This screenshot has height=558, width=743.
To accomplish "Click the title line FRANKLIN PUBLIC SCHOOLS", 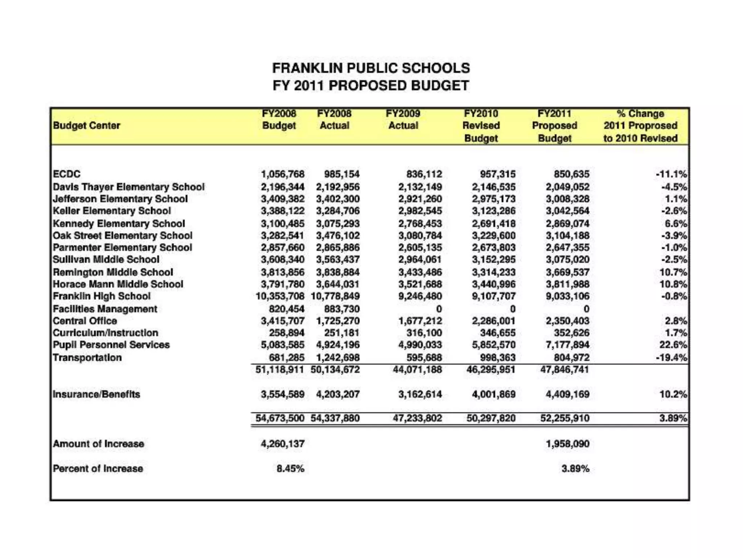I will click(x=371, y=68).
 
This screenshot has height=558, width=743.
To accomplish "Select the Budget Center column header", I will click(x=86, y=126).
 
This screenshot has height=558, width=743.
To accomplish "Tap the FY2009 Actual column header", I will click(x=403, y=120).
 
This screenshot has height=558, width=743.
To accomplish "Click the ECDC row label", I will click(x=66, y=174).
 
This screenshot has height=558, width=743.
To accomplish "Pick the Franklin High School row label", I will click(x=102, y=296).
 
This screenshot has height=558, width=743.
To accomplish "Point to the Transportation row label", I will click(x=87, y=358).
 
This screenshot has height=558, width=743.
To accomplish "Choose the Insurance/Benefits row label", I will click(x=96, y=395).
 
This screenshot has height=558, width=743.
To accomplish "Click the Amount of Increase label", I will click(x=98, y=444).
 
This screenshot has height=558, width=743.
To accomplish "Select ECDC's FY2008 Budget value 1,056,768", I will click(x=283, y=174).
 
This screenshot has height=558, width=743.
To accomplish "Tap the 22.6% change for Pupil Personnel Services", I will click(x=673, y=345).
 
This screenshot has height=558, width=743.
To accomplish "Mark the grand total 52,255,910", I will click(x=565, y=418).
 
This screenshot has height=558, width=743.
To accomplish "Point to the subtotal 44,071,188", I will click(x=417, y=370).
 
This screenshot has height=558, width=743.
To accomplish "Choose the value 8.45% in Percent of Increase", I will click(x=290, y=469).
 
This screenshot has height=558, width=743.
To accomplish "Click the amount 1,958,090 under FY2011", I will click(x=567, y=444).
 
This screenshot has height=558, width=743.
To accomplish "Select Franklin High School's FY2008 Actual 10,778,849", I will click(x=335, y=296).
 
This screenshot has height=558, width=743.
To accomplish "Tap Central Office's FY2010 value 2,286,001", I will click(x=493, y=321).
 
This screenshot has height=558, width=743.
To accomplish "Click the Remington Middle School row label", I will click(x=113, y=272).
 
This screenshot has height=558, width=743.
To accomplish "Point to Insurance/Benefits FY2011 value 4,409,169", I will click(x=567, y=395).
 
